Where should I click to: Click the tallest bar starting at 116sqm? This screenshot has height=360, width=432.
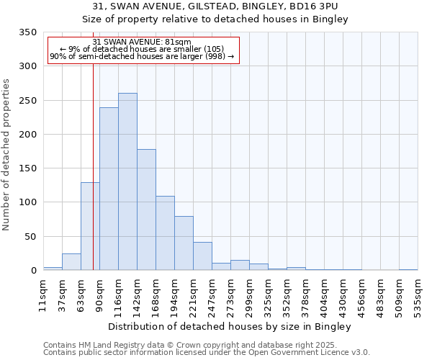(127, 181)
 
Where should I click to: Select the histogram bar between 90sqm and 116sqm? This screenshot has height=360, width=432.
(109, 189)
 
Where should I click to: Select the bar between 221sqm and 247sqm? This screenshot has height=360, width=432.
(202, 256)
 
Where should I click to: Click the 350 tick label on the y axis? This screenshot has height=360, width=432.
(27, 33)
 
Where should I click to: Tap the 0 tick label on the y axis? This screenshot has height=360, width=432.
(33, 271)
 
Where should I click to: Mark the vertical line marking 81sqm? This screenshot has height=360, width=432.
(93, 166)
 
